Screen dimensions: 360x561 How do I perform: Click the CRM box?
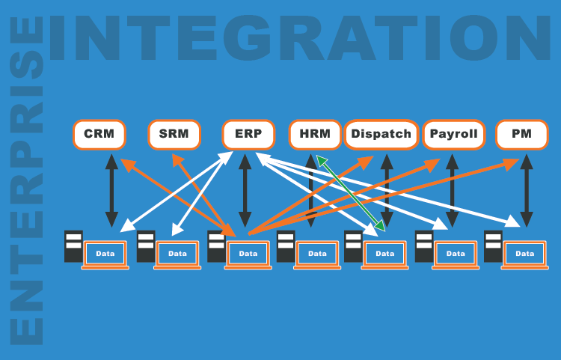(x=99, y=135)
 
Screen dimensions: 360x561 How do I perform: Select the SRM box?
(x=174, y=135)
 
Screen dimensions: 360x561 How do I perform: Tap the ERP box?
(x=243, y=135)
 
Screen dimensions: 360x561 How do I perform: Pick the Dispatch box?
(x=381, y=135)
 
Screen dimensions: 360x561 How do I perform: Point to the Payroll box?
(x=452, y=135)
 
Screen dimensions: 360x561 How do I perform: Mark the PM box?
(x=522, y=135)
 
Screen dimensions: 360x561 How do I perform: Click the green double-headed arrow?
(x=350, y=192)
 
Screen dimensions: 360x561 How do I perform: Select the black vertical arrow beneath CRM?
(x=111, y=190)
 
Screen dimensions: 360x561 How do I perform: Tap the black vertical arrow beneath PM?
(x=526, y=190)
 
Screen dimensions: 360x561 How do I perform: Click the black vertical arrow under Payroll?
(x=452, y=190)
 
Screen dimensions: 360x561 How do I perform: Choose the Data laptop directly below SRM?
(x=177, y=254)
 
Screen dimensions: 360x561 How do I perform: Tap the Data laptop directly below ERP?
(x=248, y=254)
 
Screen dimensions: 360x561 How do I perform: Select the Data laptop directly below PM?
(x=525, y=254)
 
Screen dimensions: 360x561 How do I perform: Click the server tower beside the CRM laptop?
(x=73, y=246)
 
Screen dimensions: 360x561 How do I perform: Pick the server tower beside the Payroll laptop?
(x=424, y=246)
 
